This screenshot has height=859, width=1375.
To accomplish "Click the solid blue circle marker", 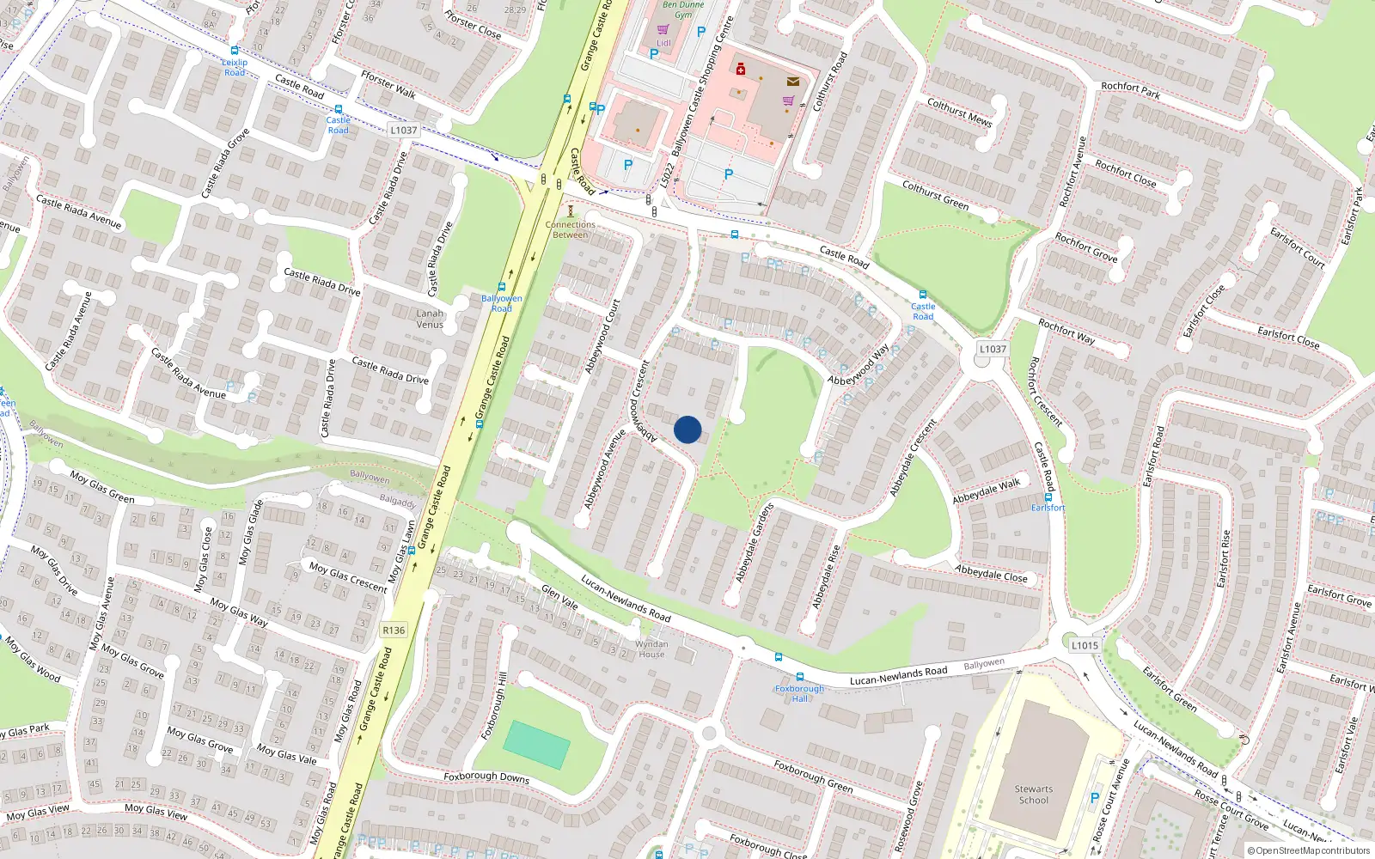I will tap(687, 429).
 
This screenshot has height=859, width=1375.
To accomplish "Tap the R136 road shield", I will tap(394, 631).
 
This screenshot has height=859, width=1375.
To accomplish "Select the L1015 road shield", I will tap(1085, 645).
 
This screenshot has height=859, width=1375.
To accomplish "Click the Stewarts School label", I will tap(1033, 795).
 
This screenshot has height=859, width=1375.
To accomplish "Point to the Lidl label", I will tap(663, 43).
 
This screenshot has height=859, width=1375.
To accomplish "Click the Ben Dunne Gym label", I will tap(683, 9).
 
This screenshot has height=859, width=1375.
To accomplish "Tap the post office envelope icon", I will tap(792, 82).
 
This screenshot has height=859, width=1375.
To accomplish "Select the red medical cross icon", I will tap(741, 70).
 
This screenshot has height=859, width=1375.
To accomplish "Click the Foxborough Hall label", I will tap(799, 693).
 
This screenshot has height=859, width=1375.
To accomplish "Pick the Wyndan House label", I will tap(651, 649).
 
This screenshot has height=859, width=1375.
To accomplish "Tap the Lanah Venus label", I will tap(430, 319).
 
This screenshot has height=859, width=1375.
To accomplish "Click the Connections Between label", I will tap(570, 229).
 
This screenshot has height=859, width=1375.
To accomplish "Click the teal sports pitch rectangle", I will tap(536, 745).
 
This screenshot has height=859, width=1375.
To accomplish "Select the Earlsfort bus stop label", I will tap(1048, 508).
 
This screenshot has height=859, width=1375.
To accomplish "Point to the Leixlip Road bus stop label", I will tap(235, 67).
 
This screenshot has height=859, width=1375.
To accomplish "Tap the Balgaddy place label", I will tap(397, 501).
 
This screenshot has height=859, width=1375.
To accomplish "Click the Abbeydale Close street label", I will tap(991, 573).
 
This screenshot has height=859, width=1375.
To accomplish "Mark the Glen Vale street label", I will tap(559, 598).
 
